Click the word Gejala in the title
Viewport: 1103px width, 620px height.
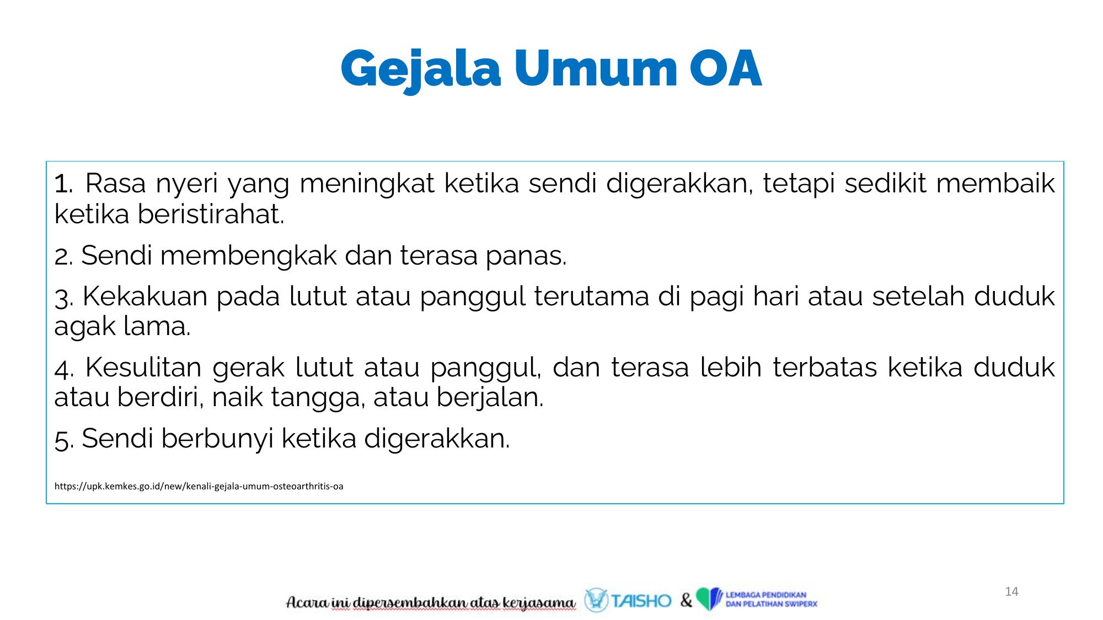[x=421, y=70]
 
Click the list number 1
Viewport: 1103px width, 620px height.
[x=63, y=184]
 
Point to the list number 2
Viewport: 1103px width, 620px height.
[x=63, y=256]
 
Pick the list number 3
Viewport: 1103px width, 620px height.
[x=63, y=298]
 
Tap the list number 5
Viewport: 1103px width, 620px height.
[x=63, y=440]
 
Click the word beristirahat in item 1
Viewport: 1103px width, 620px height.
[x=211, y=214]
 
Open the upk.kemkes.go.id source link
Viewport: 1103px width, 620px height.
[x=199, y=486]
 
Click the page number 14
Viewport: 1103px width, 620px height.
[x=1011, y=592]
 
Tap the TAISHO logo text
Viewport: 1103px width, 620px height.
[x=641, y=601]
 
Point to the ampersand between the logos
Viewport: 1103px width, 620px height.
[x=686, y=600]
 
